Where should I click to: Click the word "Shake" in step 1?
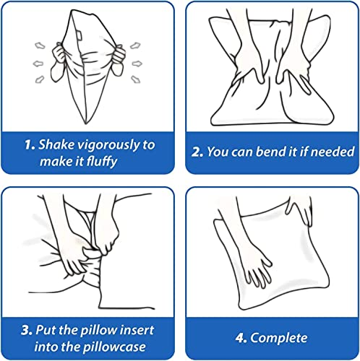pyautogui.click(x=56, y=144)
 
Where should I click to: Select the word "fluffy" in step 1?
pyautogui.click(x=102, y=162)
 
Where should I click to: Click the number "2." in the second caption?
pyautogui.click(x=197, y=152)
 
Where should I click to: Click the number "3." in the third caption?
pyautogui.click(x=27, y=330)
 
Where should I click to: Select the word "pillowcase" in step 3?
pyautogui.click(x=114, y=347)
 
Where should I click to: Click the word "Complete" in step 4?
pyautogui.click(x=279, y=338)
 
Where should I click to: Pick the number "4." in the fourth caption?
pyautogui.click(x=241, y=338)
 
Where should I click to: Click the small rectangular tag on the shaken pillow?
pyautogui.click(x=80, y=35)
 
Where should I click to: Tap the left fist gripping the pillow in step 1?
pyautogui.click(x=59, y=55)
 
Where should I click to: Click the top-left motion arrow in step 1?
pyautogui.click(x=40, y=45)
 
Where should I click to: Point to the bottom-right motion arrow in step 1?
pyautogui.click(x=135, y=79)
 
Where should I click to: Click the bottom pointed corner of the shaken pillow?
pyautogui.click(x=85, y=123)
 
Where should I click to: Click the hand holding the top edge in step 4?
pyautogui.click(x=299, y=210)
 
